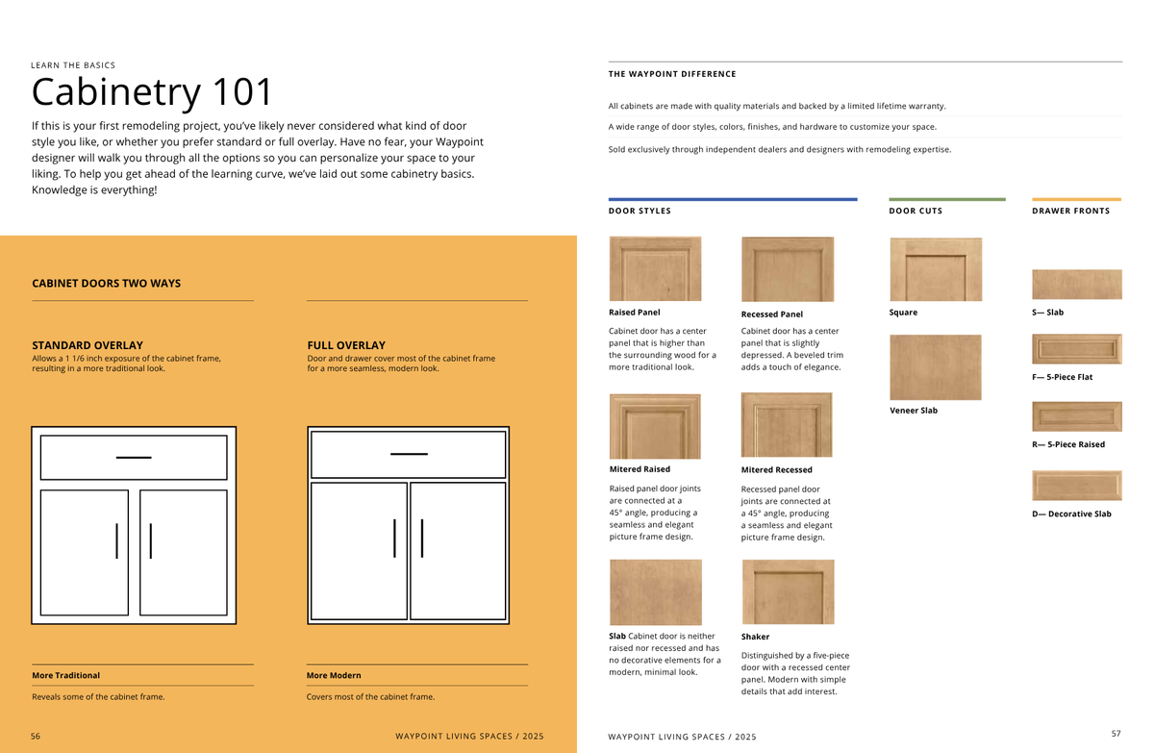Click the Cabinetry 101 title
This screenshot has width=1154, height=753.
(153, 92)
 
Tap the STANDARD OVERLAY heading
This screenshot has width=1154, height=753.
(88, 345)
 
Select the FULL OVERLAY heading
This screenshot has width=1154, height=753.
(346, 345)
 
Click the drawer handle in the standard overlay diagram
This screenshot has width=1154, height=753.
(134, 457)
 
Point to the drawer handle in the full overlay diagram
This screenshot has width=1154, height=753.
(409, 453)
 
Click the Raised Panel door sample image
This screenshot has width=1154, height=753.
(655, 269)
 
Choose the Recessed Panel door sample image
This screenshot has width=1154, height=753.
(787, 270)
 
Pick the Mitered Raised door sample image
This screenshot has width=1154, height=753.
(655, 426)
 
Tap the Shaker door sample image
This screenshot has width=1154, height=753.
(788, 592)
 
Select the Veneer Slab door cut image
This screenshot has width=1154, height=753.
(935, 367)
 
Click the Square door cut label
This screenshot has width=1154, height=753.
(903, 313)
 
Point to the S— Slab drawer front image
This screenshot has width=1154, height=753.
(1076, 285)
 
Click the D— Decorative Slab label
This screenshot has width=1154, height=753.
(1071, 514)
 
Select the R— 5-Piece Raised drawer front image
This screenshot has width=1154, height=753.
(1076, 416)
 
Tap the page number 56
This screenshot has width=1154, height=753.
(36, 736)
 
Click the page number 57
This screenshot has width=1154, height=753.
(1116, 734)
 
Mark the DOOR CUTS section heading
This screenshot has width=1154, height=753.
(916, 211)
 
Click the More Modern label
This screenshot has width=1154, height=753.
(334, 675)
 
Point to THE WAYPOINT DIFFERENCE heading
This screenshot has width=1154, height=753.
(672, 74)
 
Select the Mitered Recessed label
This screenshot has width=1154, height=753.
(776, 470)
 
